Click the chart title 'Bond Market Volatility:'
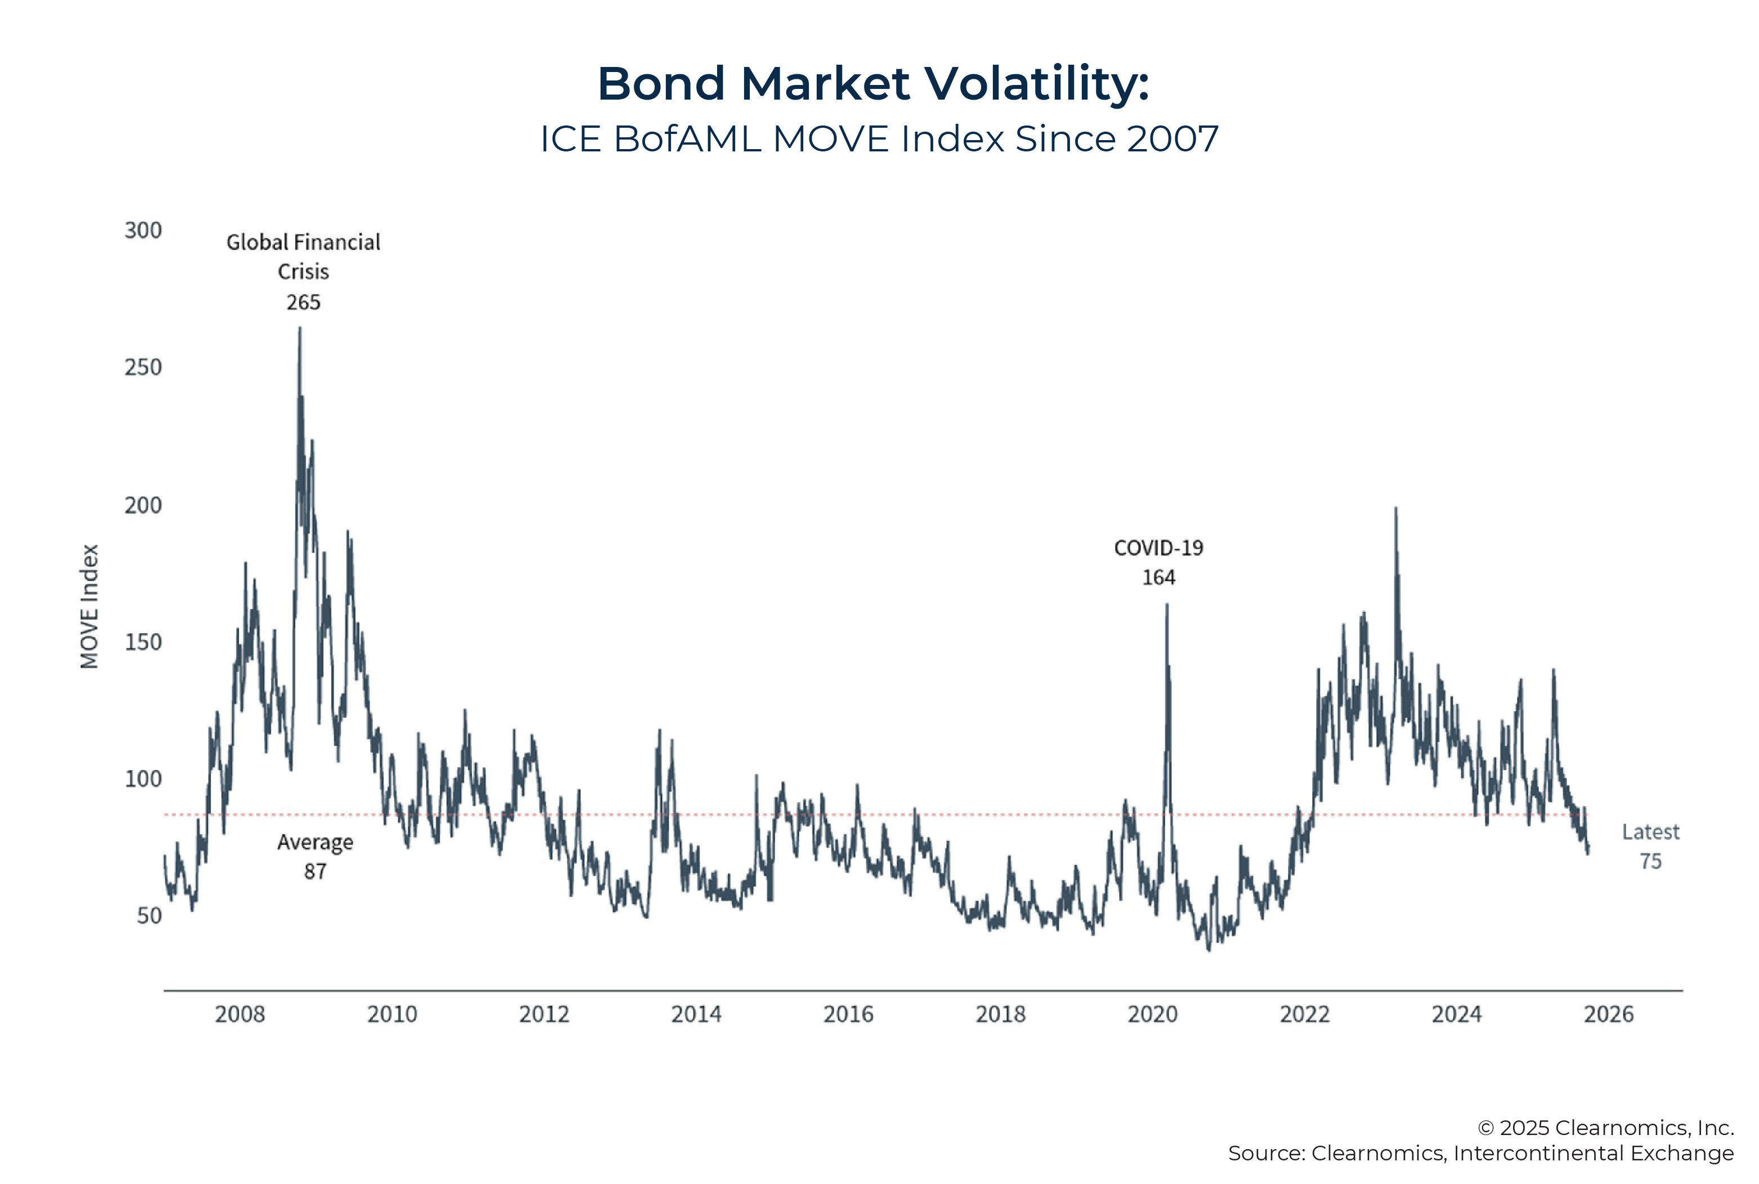click(873, 83)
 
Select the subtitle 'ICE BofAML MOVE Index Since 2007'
click(879, 139)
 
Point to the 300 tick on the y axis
click(143, 230)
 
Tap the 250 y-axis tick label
click(143, 367)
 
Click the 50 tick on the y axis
click(149, 916)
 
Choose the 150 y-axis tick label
click(143, 642)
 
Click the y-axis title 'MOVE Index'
click(89, 606)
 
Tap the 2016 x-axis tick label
click(848, 1014)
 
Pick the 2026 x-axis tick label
click(1608, 1014)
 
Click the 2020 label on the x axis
click(1153, 1014)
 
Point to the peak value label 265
click(303, 303)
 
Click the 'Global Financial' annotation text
click(303, 243)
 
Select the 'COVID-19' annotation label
click(1158, 548)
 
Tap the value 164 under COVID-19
click(1158, 578)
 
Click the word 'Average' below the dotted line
click(315, 842)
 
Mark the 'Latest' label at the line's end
click(1650, 832)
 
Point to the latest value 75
click(1650, 862)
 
